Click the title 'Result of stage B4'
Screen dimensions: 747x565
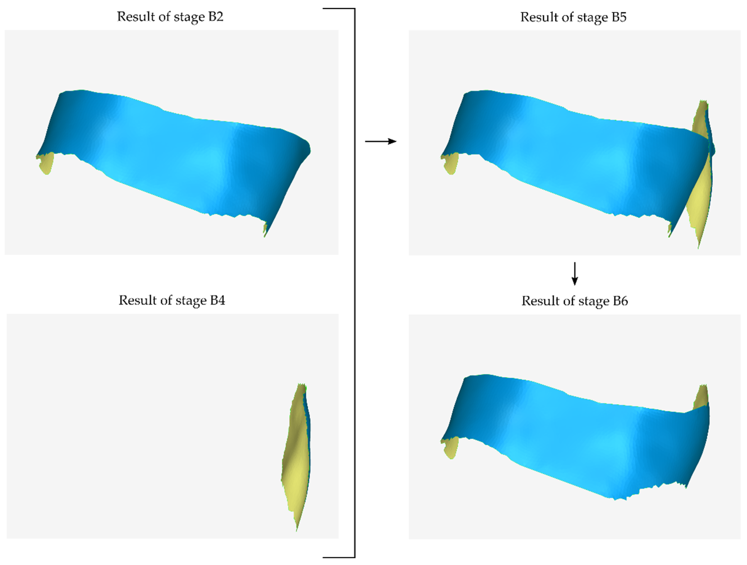[x=172, y=300]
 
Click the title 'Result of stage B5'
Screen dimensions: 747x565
[x=573, y=17]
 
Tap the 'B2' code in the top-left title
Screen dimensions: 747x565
[x=216, y=16]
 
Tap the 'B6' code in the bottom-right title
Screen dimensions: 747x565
[x=620, y=301]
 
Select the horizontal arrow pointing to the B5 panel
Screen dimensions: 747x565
[x=381, y=141]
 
